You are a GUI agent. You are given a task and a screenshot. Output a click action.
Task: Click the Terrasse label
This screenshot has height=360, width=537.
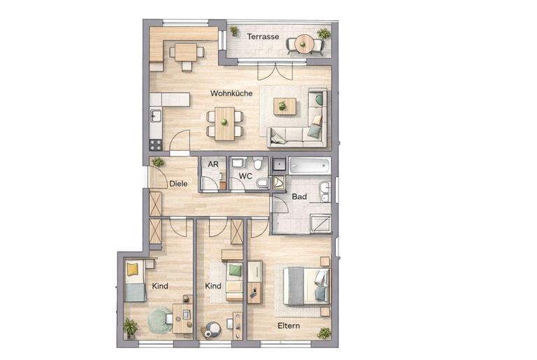point(263,36)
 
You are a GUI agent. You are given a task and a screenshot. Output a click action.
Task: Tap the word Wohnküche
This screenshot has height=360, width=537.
point(231,93)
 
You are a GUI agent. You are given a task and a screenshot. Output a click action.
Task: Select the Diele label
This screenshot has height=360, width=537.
point(178,184)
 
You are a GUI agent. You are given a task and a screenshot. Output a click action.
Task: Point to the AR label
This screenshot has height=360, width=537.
point(213,164)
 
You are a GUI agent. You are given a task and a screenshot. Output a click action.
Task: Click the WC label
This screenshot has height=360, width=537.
point(245,176)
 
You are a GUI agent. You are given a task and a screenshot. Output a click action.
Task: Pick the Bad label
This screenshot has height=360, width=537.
point(299,196)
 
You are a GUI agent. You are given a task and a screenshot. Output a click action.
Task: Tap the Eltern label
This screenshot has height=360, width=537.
point(289,326)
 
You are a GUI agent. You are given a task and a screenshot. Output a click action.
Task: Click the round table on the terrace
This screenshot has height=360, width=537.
point(303,44)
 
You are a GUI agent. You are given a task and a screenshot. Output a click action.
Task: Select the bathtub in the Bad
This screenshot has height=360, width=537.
point(310,166)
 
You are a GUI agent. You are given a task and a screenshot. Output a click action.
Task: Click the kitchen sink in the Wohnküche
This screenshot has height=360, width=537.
point(156,115)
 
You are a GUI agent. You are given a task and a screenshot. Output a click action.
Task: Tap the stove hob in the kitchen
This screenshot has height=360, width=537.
point(156,145)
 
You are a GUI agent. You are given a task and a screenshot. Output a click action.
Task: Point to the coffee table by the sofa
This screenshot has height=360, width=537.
point(285,106)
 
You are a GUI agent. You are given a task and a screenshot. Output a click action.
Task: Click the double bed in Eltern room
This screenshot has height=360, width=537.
point(306,287)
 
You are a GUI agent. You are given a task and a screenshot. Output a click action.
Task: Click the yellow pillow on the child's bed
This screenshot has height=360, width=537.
point(132,269)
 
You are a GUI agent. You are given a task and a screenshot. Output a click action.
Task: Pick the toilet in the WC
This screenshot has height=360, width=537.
point(258,163)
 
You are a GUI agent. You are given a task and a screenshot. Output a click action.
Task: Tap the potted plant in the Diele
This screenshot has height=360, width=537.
point(158,161)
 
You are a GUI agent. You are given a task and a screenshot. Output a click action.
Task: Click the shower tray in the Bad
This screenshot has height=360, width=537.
point(320,224)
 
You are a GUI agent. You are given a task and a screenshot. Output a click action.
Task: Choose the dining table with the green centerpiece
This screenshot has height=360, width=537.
point(224,124)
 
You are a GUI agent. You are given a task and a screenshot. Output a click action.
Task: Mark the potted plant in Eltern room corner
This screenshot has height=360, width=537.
point(324,333)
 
